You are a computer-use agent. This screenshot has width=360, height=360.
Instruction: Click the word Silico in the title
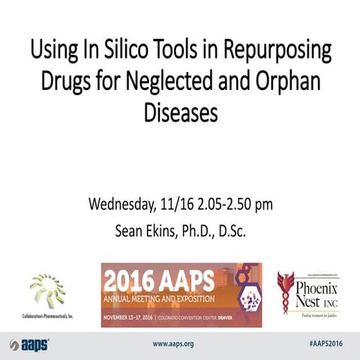pos(122,53)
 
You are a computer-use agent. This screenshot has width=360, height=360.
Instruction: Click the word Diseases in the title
pos(180,113)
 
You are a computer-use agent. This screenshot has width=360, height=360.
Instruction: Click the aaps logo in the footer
pos(29,343)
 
